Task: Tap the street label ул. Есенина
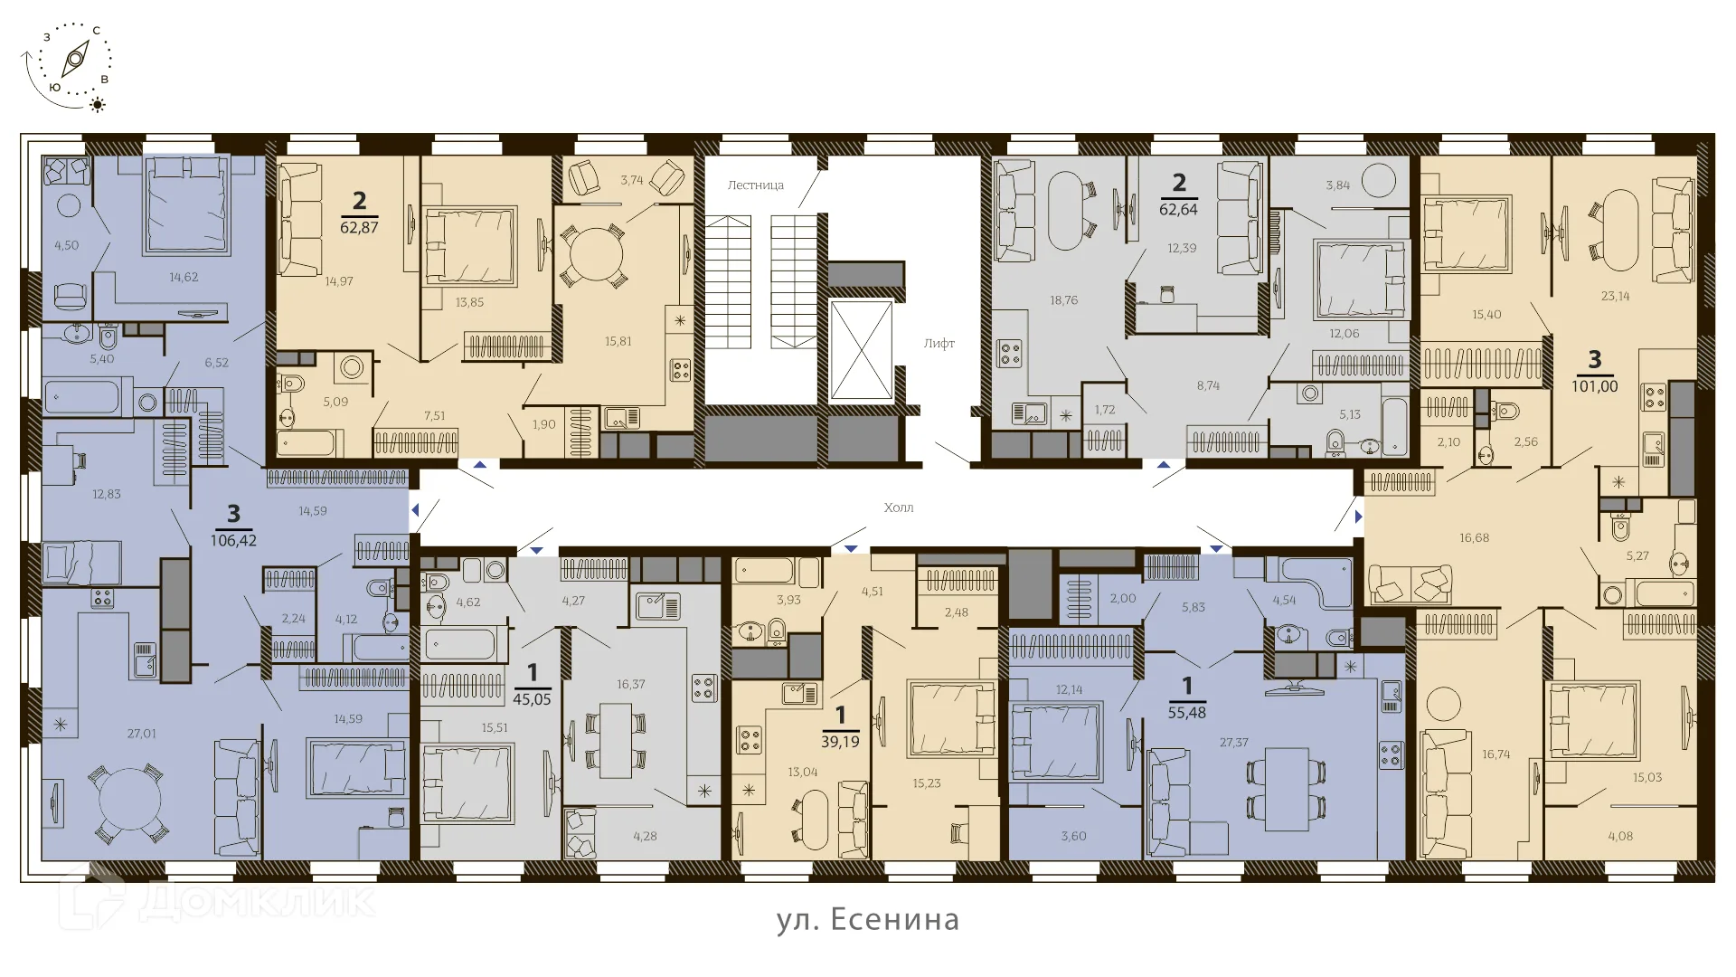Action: pos(868,919)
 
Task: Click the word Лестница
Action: pos(756,185)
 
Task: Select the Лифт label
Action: pos(939,344)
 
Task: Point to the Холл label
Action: pos(899,507)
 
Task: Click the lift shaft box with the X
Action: pos(861,349)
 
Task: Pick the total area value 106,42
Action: pos(233,541)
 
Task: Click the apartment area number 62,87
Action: pos(359,227)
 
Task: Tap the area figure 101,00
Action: pos(1595,386)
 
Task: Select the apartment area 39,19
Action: pos(840,742)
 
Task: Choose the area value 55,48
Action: pos(1187,713)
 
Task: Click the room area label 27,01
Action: pos(141,734)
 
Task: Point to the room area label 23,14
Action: pos(1615,296)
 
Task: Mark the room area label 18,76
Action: pos(1064,300)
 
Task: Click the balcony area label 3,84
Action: pos(1338,185)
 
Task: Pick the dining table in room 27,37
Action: pos(1287,789)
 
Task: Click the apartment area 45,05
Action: pos(532,699)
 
